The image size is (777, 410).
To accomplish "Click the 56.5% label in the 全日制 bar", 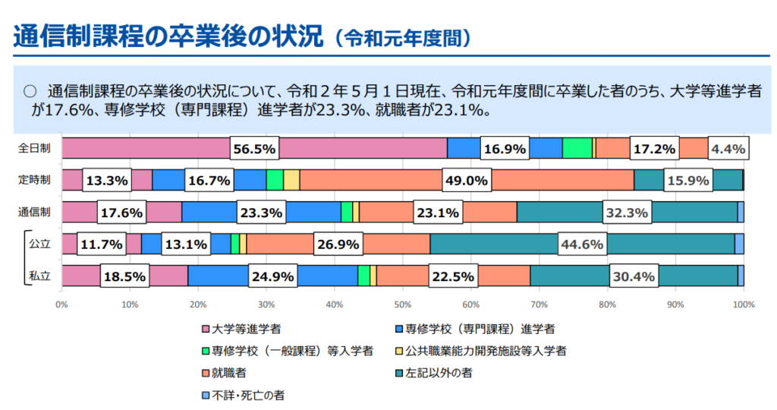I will click(254, 149).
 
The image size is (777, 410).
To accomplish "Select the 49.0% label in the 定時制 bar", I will click(466, 181).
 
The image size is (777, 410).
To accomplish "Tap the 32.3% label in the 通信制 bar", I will click(626, 213).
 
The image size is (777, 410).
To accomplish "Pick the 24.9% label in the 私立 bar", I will click(272, 276).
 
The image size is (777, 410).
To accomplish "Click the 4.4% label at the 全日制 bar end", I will click(728, 149).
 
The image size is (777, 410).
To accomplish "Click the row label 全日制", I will click(35, 149).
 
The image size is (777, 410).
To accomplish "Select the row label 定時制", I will click(35, 180).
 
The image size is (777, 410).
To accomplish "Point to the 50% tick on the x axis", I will click(402, 304).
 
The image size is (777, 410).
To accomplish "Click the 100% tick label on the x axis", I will click(742, 304).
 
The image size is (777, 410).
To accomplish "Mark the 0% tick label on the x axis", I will click(62, 304).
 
